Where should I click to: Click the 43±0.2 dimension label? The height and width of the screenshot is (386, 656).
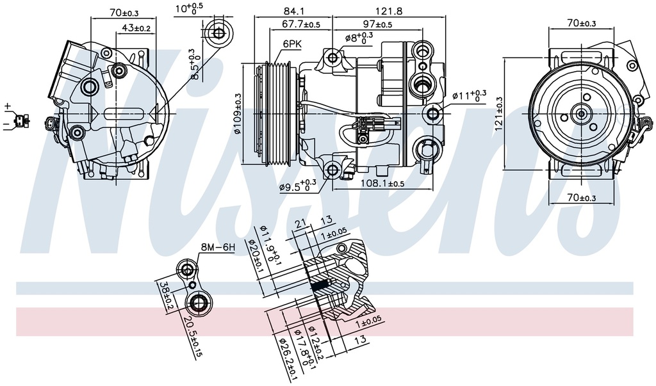point(136,28)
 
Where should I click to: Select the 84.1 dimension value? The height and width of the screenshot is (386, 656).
point(297,10)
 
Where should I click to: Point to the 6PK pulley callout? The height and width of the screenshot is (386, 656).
point(291,44)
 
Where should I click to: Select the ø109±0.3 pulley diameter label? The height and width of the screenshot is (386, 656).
point(237,114)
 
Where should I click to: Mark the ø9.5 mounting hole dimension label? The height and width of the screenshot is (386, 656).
point(298,186)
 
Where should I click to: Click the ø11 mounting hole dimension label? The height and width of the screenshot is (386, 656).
point(469,95)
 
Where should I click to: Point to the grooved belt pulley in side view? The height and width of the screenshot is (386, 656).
point(280,113)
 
